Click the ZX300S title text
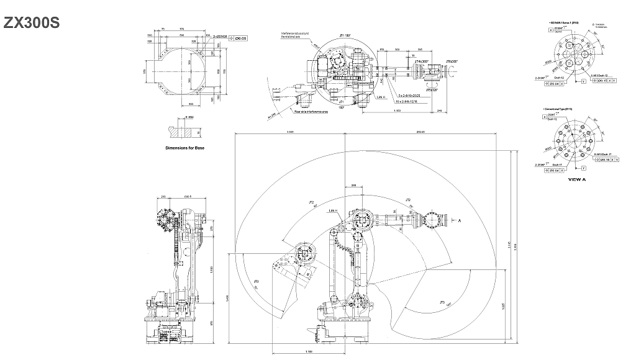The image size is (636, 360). (32, 23)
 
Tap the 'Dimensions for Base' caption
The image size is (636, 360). (184, 148)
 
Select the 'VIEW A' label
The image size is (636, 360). (576, 179)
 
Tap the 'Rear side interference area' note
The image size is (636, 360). (311, 112)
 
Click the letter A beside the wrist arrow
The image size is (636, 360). (460, 220)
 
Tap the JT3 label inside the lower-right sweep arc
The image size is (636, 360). (442, 302)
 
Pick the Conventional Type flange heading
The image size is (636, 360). (563, 109)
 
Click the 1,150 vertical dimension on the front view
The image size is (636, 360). (212, 269)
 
